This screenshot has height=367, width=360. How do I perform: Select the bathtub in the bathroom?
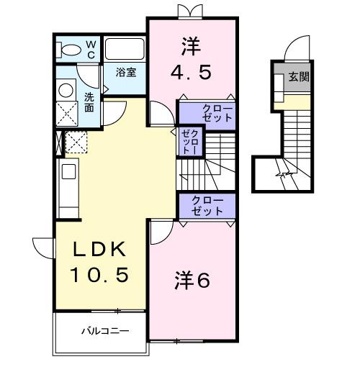click(x=125, y=50)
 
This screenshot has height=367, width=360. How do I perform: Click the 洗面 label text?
click(x=89, y=102)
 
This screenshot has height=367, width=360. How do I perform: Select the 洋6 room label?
click(x=192, y=281)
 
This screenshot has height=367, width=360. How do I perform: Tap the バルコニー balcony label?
click(x=104, y=332)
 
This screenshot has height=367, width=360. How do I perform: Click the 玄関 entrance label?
click(x=300, y=77)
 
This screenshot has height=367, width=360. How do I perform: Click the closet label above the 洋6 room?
click(x=207, y=205)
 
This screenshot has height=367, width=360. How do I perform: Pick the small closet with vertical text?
click(x=190, y=142)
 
